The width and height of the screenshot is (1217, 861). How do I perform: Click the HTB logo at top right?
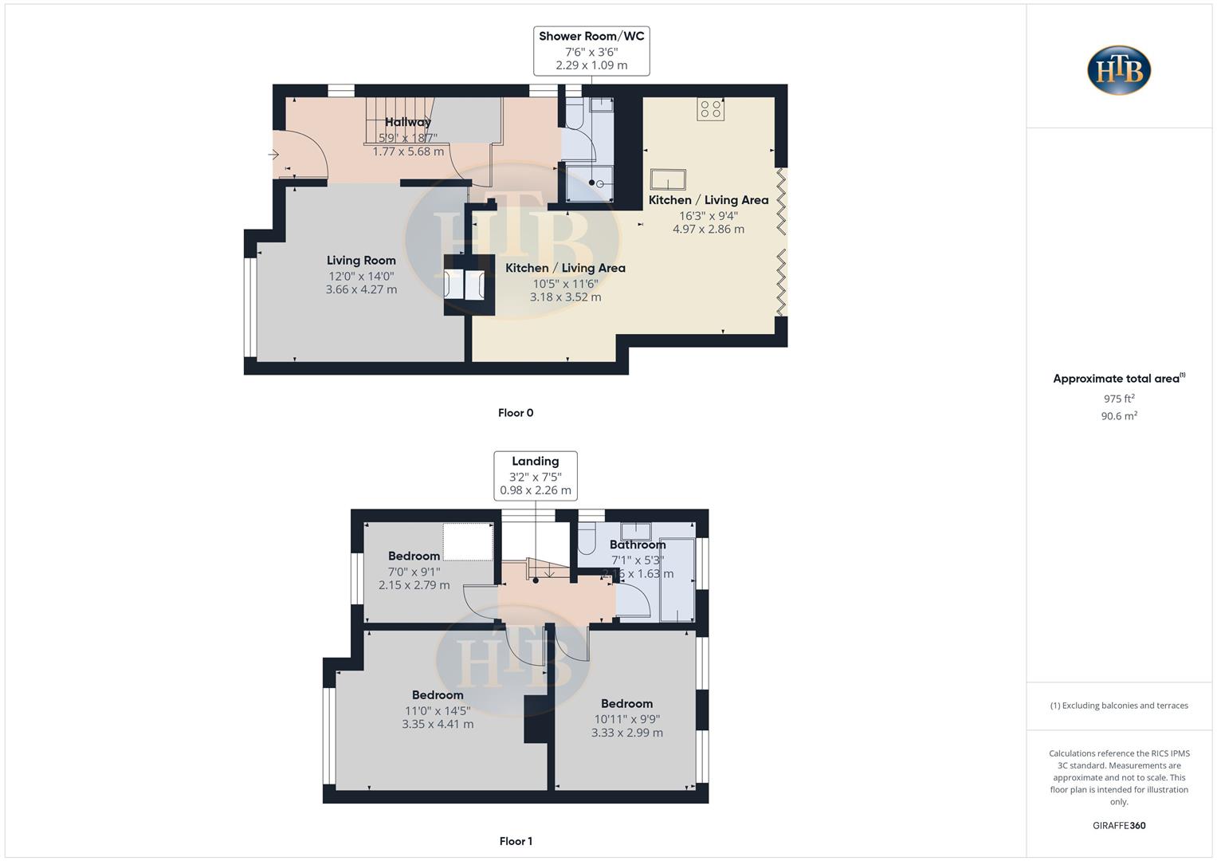pos(1119,70)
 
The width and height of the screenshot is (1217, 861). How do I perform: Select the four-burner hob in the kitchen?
pos(710,109)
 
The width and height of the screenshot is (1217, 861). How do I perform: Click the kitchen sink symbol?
pos(667,179)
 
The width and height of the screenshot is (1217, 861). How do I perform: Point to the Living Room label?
pos(361,261)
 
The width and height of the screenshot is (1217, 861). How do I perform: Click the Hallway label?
pos(407,122)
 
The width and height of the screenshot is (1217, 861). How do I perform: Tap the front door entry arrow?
pos(273,155)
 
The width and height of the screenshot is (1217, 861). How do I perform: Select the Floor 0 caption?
pos(516,413)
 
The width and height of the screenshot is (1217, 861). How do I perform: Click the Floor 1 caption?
pos(516,841)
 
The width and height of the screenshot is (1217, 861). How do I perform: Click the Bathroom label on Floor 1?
pos(637,545)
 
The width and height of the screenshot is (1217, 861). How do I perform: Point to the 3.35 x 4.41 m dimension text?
pos(438,725)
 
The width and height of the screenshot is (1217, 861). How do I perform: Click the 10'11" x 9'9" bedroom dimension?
pos(626,718)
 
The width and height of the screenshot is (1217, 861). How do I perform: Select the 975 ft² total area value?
pos(1119,399)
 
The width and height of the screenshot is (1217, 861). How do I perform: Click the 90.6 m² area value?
pos(1119,416)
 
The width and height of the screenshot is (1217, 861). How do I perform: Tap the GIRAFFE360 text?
pos(1119,825)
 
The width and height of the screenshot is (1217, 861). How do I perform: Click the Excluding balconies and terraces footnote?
pos(1119,706)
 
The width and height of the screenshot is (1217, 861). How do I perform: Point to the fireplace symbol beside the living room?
pos(465,285)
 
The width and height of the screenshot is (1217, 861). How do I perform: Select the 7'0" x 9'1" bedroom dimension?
pos(414,571)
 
